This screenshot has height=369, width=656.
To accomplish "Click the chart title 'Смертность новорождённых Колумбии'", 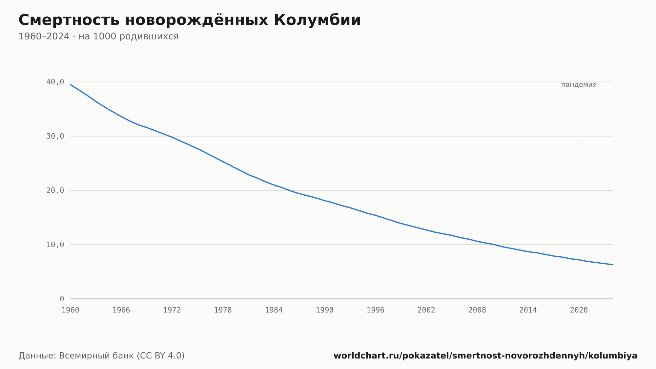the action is [190, 20].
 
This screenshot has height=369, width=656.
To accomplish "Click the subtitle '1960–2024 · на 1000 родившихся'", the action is [98, 36].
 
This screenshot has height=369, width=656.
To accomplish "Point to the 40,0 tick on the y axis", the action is [55, 82].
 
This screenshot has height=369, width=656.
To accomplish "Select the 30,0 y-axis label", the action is [55, 136].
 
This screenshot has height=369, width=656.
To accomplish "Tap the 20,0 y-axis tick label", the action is [55, 190].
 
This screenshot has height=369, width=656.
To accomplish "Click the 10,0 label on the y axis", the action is [55, 245].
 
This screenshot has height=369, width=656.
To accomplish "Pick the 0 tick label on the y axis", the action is [62, 299].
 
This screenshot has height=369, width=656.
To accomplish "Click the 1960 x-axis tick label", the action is [71, 310].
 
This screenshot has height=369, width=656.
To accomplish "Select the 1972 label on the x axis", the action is [172, 310].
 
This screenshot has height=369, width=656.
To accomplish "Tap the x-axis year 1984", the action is [274, 310].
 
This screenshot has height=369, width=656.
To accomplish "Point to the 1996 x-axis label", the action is [376, 310].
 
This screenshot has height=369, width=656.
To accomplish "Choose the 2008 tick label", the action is [477, 310].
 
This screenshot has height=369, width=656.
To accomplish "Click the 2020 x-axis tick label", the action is [579, 310].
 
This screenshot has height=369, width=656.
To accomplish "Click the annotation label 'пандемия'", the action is [579, 85].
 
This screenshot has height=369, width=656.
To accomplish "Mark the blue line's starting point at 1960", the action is [71, 84].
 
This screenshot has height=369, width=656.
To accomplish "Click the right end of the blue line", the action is [613, 265].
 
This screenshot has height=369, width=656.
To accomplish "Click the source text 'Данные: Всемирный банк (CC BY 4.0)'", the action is [102, 356].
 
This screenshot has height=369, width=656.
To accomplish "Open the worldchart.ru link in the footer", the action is [485, 356].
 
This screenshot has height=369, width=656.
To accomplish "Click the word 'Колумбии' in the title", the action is [317, 20].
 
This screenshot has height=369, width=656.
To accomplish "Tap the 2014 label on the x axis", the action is [528, 310].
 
